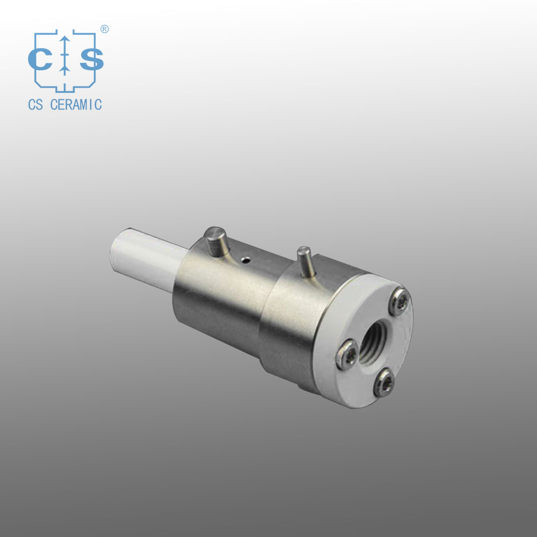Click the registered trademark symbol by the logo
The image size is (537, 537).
point(105,29)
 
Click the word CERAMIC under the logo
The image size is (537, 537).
point(76,105)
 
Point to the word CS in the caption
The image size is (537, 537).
point(35,105)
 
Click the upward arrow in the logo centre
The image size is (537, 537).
point(64,55)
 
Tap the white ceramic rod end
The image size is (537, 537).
point(148,259)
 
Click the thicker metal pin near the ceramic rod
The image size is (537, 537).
point(216,241)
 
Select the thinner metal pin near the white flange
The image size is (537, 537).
point(306,262)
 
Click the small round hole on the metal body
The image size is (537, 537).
point(245,260)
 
